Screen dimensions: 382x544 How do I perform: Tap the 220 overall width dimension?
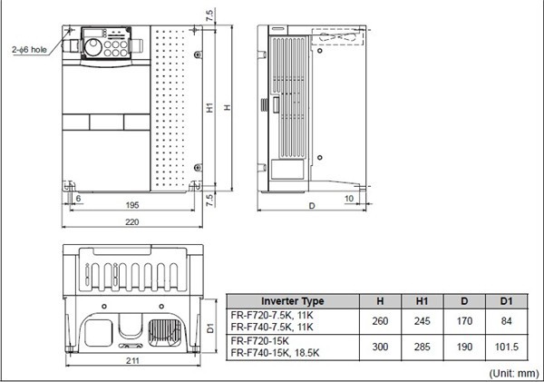pyautogui.click(x=131, y=221)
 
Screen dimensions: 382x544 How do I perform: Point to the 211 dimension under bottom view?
pyautogui.click(x=131, y=363)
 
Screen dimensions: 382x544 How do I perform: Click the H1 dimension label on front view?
pyautogui.click(x=209, y=108)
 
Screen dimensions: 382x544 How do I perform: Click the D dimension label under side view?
pyautogui.click(x=312, y=207)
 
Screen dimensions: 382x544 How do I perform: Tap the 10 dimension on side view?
pyautogui.click(x=348, y=197)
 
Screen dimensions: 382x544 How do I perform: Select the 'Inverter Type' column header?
pyautogui.click(x=292, y=301)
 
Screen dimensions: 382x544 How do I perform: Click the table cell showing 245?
pyautogui.click(x=422, y=321)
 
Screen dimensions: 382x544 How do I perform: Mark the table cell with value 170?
pyautogui.click(x=464, y=321)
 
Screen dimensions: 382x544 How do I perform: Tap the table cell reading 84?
pyautogui.click(x=507, y=321)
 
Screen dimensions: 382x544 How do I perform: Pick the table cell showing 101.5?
pyautogui.click(x=507, y=346)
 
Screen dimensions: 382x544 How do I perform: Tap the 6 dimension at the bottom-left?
pyautogui.click(x=78, y=197)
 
